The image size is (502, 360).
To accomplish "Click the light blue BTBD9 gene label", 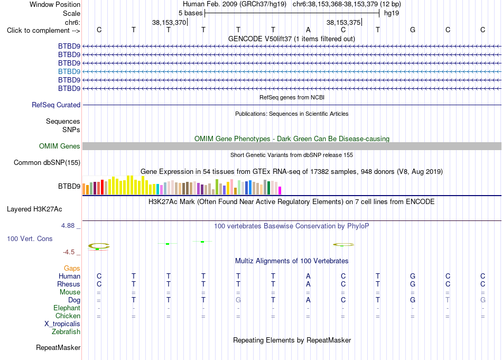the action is [69, 71].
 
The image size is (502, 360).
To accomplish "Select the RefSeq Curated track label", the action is [56, 105].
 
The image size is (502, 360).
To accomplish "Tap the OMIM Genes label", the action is [60, 146].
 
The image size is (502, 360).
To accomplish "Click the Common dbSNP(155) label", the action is [47, 162].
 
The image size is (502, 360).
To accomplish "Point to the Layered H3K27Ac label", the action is [34, 209].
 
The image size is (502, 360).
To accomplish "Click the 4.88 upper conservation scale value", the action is [68, 226].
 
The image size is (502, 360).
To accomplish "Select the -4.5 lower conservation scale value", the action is [69, 252].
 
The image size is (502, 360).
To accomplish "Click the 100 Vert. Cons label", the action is [30, 238].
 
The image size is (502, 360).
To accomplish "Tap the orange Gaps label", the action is [72, 268].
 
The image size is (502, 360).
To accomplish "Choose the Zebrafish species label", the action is [66, 331].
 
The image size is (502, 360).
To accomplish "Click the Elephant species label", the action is [67, 308].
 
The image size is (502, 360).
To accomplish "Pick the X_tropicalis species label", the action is [62, 324].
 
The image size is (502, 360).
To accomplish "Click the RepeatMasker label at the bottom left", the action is [58, 347].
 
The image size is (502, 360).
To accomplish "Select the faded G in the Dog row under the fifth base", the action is [238, 300].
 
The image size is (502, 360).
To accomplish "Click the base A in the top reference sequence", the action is [308, 30].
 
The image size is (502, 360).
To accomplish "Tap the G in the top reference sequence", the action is [413, 30].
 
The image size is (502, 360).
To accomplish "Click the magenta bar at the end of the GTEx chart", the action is [280, 190].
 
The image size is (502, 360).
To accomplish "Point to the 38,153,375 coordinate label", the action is [343, 22].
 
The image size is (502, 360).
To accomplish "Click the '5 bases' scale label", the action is [190, 13].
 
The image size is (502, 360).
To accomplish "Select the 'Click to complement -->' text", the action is [43, 31].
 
